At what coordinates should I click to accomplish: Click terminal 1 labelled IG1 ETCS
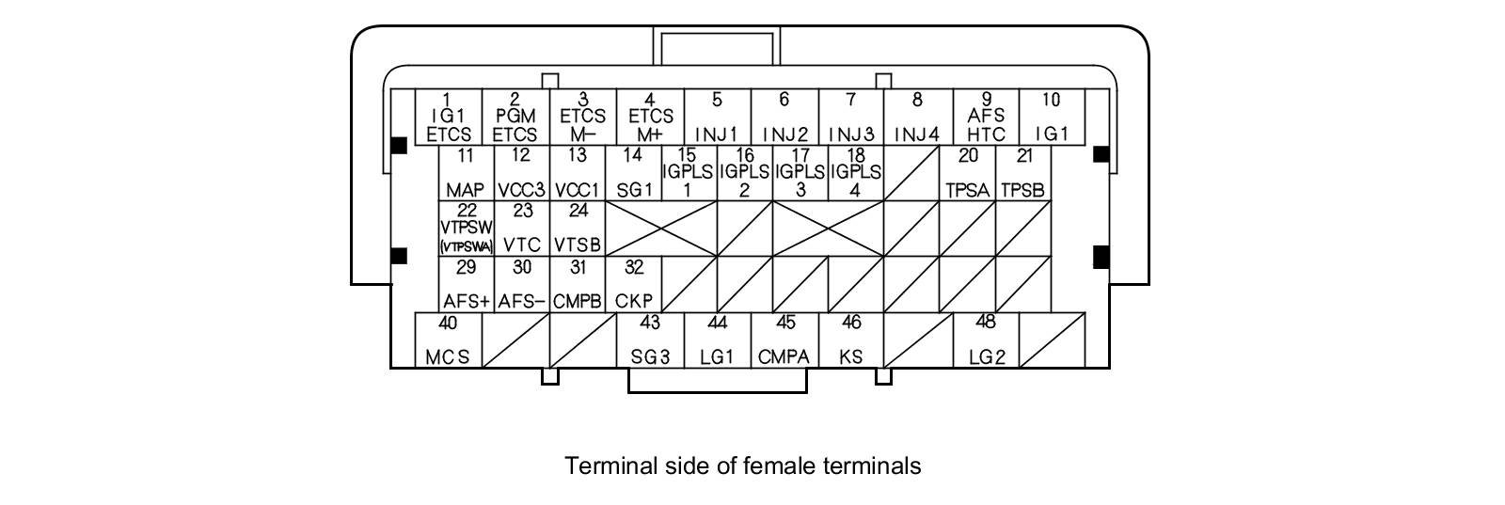448,117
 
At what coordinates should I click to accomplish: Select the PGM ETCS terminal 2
515,117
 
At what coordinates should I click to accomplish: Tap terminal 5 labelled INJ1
717,117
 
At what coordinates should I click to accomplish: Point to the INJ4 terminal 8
917,117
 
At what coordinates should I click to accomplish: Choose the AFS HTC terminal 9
986,117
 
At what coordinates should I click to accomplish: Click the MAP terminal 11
466,173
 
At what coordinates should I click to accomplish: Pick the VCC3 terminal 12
522,173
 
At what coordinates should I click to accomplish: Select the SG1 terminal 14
633,173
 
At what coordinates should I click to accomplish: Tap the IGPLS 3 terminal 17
800,173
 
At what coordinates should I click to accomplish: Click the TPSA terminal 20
968,173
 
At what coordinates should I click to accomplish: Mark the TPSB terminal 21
1022,173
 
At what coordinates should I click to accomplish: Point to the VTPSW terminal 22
467,228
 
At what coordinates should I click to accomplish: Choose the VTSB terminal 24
578,228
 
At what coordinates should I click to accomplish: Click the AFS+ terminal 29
467,284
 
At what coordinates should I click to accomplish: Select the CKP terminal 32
633,284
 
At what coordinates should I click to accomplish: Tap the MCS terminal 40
448,339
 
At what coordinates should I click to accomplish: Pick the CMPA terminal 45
784,339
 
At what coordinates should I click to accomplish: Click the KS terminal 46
851,339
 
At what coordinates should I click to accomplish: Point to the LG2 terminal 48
986,339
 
